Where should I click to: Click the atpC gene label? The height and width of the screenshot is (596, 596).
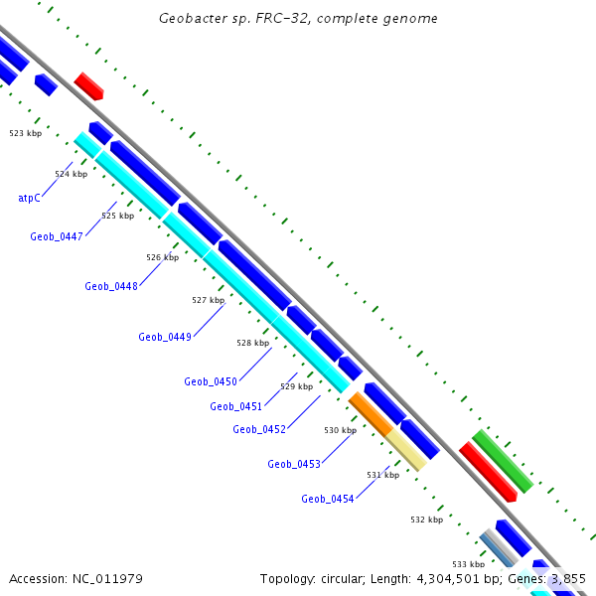pos(29,198)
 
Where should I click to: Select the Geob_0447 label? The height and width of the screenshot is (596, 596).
pos(56,236)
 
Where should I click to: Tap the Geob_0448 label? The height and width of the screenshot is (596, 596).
pos(110,286)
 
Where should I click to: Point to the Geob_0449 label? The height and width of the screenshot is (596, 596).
pos(164,337)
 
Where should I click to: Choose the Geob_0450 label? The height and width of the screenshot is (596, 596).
pos(210,381)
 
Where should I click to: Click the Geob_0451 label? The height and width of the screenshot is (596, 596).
pos(235,406)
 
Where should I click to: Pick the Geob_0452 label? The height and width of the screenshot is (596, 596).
pos(258,429)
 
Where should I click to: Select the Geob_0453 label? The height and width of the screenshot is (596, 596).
pos(293,464)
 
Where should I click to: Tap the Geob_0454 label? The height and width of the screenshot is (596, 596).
pos(327,499)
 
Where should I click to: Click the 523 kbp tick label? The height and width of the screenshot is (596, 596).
pos(26,132)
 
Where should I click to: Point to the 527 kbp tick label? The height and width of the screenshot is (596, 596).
pos(208,300)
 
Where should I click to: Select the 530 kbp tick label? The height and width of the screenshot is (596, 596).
pos(340,430)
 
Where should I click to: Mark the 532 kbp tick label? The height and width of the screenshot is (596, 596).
pos(426,520)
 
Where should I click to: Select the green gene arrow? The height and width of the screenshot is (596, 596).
pos(502,461)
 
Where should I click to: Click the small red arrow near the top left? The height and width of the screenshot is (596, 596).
pos(88,85)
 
